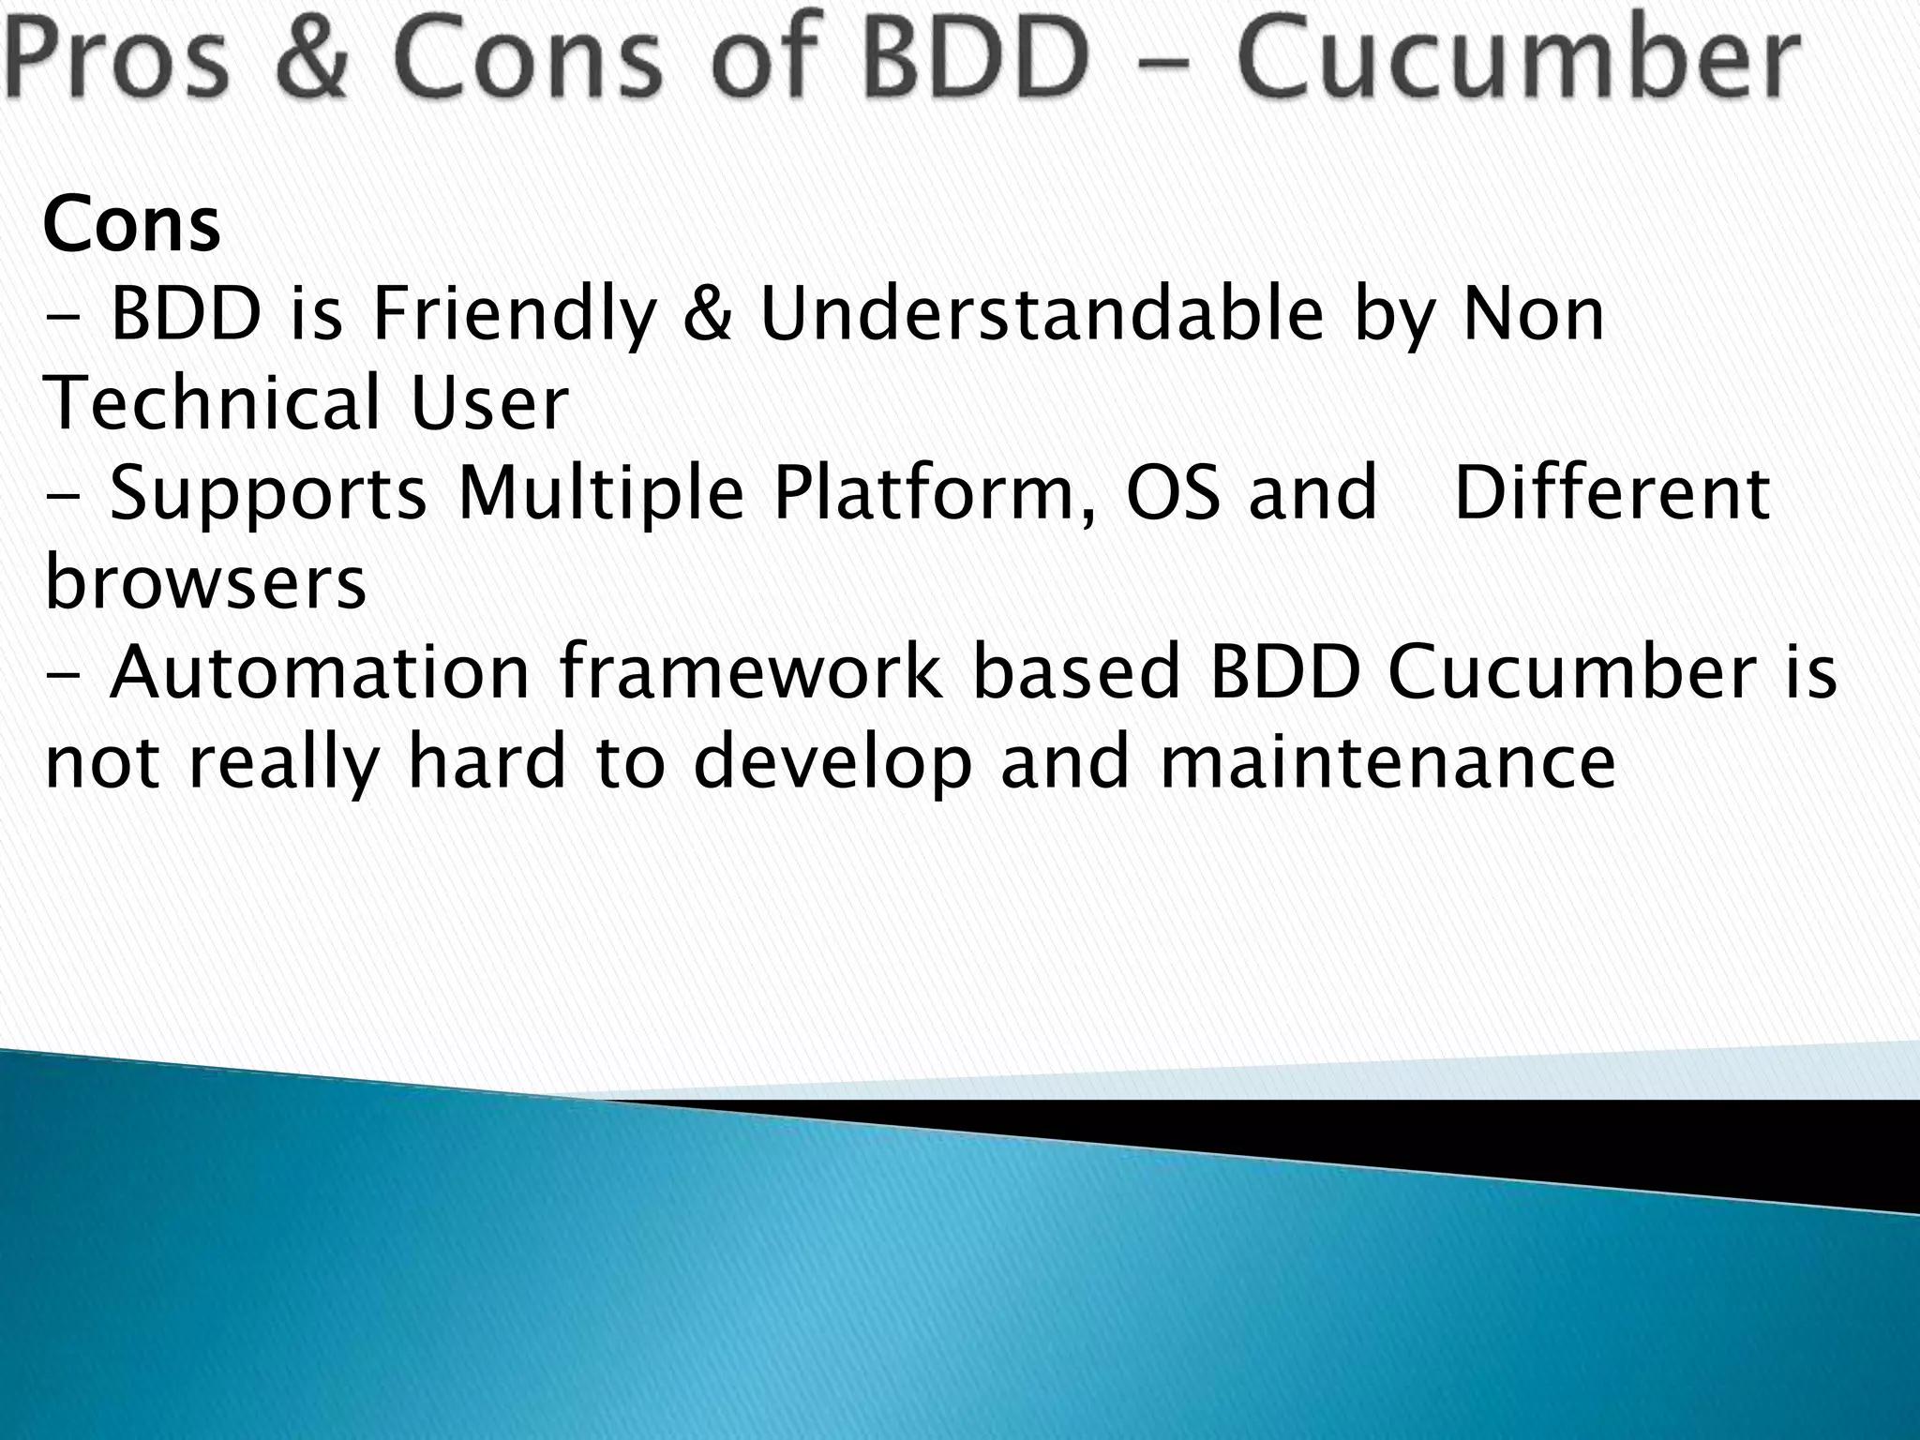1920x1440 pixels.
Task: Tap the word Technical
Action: [x=211, y=403]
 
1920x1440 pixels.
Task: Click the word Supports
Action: [x=267, y=493]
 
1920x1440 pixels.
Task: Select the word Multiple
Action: [x=600, y=493]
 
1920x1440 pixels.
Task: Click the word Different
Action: [x=1611, y=493]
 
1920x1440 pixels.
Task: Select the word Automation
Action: [x=320, y=673]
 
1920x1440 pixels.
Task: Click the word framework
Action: [x=751, y=673]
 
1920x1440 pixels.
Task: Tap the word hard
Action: [x=487, y=761]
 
